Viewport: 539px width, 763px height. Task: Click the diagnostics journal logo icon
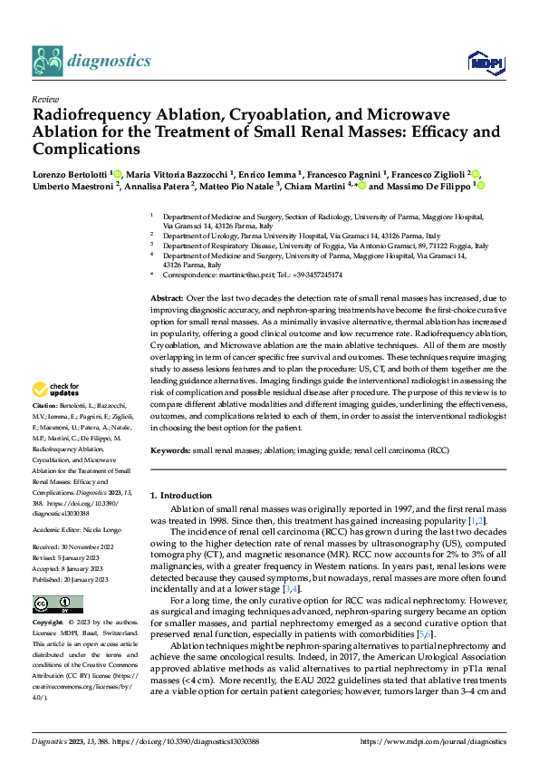point(47,62)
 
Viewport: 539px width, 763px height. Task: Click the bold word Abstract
point(166,297)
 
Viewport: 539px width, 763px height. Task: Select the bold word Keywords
point(169,449)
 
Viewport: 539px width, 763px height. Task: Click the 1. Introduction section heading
point(184,495)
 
